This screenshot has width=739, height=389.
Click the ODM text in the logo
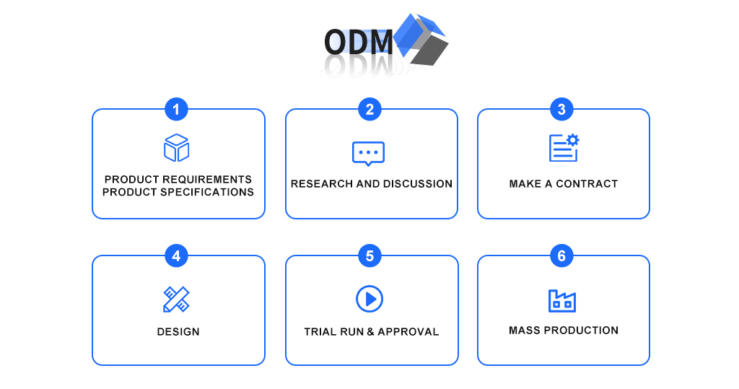(x=359, y=41)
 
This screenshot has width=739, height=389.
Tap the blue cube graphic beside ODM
(x=421, y=39)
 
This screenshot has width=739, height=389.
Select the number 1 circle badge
(x=176, y=110)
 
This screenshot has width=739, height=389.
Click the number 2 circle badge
(x=369, y=110)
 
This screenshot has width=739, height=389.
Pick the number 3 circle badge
(x=561, y=110)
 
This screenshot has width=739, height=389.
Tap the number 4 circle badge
(x=176, y=256)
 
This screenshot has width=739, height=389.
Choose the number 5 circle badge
(x=369, y=256)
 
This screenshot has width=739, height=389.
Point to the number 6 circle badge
(x=561, y=256)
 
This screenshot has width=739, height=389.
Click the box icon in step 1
(x=176, y=147)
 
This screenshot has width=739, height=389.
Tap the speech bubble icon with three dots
(x=369, y=153)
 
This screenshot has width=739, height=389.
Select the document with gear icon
(x=564, y=147)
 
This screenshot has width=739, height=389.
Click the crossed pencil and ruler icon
(x=176, y=299)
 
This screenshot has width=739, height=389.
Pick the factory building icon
(x=562, y=301)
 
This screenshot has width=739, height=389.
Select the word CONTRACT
(x=587, y=184)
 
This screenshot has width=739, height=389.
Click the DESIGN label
(x=178, y=332)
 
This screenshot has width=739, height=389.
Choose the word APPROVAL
(x=408, y=332)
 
